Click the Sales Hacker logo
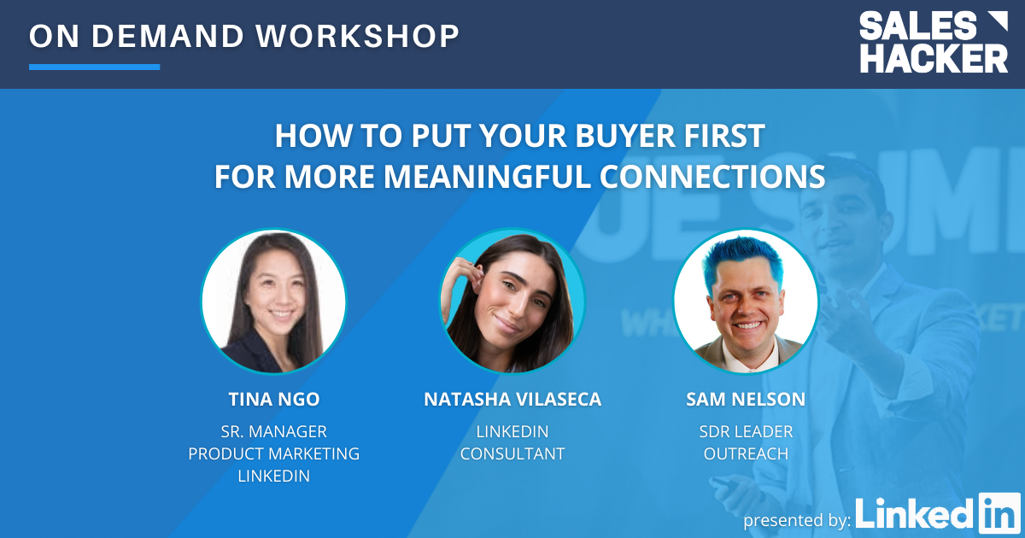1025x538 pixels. [x=933, y=42]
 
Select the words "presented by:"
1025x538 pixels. [x=796, y=519]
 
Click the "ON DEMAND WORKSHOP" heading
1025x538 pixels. [x=244, y=36]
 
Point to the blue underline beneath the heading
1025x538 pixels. [x=94, y=67]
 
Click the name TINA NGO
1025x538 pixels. [x=273, y=400]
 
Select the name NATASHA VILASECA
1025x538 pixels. [x=512, y=400]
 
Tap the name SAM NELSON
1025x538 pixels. [x=746, y=400]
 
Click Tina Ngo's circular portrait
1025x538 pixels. [x=273, y=301]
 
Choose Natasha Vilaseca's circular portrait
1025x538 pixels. [x=512, y=301]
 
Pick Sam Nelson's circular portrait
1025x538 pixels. [x=746, y=301]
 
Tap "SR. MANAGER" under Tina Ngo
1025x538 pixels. [x=273, y=431]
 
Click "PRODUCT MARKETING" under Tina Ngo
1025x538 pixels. [x=273, y=453]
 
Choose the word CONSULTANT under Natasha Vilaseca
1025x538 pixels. [x=512, y=453]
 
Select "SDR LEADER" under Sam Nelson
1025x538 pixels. [x=746, y=431]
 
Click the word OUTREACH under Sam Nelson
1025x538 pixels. [x=746, y=453]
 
